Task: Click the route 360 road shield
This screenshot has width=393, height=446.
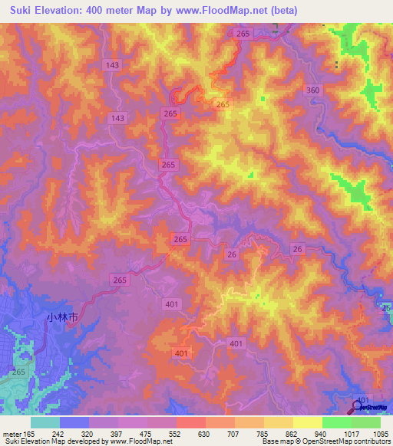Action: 312,90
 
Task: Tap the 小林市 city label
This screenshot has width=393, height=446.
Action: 62,316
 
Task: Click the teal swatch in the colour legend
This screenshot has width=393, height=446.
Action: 45,422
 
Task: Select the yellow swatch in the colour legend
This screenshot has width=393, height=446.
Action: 307,422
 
